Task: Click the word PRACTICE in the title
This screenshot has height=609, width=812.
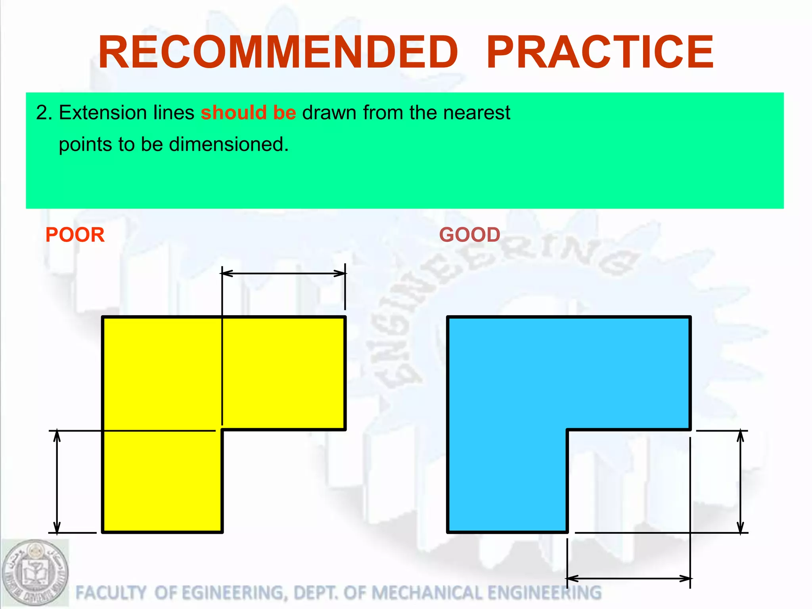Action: tap(599, 52)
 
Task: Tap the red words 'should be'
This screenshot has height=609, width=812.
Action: tap(248, 113)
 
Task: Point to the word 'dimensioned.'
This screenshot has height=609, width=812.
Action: tap(229, 144)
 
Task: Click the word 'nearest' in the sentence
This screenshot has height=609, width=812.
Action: tap(477, 113)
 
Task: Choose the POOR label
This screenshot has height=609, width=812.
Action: tap(75, 235)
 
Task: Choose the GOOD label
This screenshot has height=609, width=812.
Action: tap(469, 235)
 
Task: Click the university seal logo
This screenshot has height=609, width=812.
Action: tap(35, 573)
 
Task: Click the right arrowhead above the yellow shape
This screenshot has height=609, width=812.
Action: tap(340, 273)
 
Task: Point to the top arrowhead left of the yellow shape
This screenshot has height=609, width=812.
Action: tap(57, 436)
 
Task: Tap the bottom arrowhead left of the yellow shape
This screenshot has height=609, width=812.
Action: tap(57, 527)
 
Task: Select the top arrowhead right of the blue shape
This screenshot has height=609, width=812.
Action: tap(740, 436)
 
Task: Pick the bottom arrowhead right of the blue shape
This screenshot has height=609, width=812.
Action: tap(740, 527)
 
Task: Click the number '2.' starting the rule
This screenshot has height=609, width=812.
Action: tap(44, 113)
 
